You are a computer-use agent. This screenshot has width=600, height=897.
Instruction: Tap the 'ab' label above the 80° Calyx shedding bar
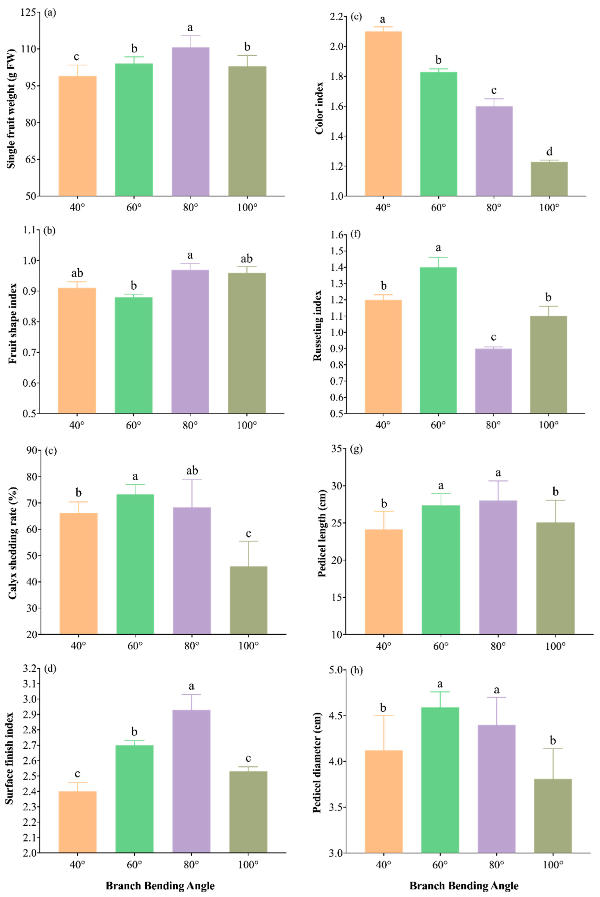tap(192, 470)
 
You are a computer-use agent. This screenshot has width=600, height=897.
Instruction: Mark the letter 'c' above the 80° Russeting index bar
tap(493, 337)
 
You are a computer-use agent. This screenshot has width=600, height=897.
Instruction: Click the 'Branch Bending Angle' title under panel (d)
tap(160, 885)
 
